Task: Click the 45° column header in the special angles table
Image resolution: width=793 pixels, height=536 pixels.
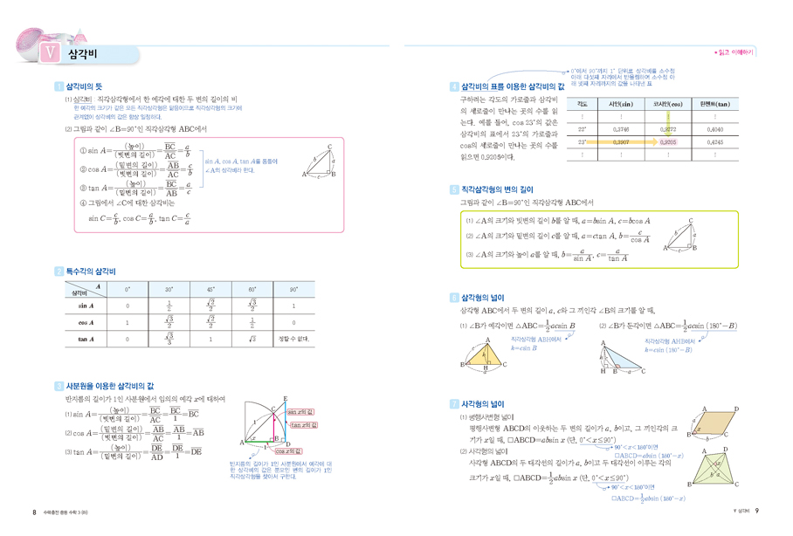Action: tap(210, 289)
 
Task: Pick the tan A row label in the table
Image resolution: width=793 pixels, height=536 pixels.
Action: tap(86, 339)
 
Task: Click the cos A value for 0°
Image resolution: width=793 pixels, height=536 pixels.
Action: tap(128, 322)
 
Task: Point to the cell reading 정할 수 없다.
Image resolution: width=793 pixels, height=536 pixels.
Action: tap(294, 339)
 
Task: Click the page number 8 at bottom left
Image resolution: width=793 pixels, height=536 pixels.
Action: tap(34, 511)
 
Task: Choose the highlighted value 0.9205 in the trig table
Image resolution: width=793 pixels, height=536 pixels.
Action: tap(667, 140)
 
